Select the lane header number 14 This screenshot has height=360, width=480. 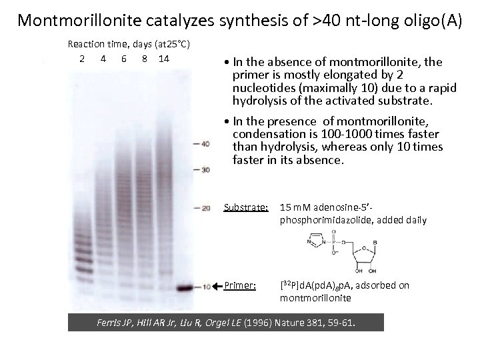(163, 58)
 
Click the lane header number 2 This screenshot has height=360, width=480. (81, 58)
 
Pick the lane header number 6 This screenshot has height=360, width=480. (124, 58)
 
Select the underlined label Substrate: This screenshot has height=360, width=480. (246, 208)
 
